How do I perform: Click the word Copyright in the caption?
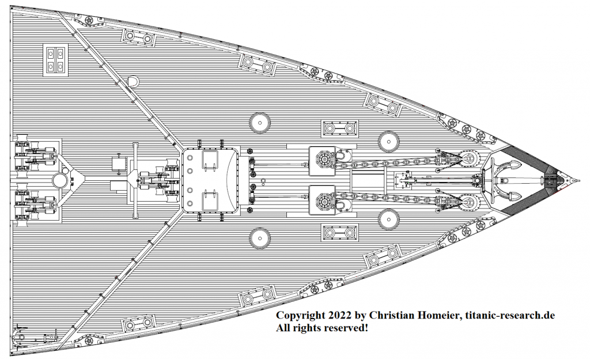[x=302, y=316]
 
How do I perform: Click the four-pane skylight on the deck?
[x=56, y=59]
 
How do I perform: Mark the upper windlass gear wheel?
[x=323, y=158]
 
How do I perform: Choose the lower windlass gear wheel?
[x=323, y=201]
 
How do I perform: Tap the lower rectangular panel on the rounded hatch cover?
[x=210, y=200]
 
